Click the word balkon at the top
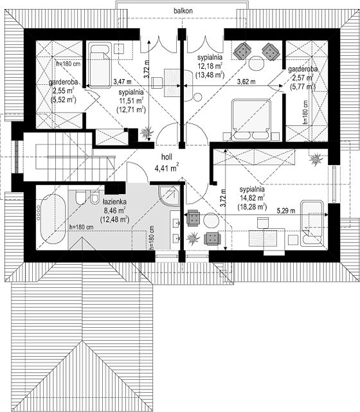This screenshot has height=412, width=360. coord(183,11)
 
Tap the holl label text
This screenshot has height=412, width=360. coord(166,157)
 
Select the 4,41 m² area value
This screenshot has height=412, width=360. coord(166,168)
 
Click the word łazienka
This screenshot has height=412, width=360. coord(114,202)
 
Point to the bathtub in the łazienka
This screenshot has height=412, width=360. coord(53,219)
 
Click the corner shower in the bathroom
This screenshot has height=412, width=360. coord(169,196)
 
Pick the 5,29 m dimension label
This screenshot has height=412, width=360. coord(285,211)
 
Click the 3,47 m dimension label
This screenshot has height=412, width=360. coord(122,82)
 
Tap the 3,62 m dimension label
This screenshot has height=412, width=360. coord(246,82)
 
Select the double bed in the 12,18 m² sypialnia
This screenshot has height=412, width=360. coord(251,120)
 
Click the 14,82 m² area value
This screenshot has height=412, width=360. coord(252,197)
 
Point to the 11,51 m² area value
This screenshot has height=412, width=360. coord(131,101)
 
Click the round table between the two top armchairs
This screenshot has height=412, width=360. coord(256,63)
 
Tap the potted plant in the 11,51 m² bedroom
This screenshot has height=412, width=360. coord(147,132)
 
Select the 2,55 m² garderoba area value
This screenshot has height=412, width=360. coord(64,91)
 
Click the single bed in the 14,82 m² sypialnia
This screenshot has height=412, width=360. coord(312,223)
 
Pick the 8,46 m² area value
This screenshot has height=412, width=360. coord(114,210)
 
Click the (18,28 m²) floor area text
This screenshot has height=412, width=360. coord(252,207)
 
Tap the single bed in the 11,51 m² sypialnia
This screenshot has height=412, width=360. coord(100,64)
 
